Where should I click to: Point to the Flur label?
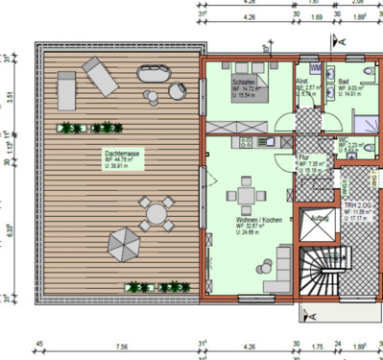[304, 156]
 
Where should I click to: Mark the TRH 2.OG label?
[357, 205]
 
